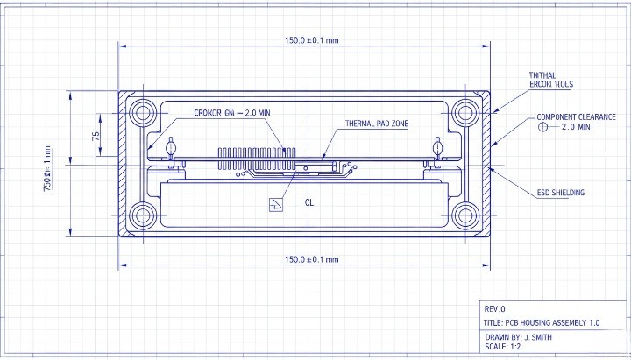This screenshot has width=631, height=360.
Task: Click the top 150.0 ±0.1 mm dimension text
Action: tap(311, 40)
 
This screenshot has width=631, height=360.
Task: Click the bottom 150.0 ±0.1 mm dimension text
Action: tap(311, 259)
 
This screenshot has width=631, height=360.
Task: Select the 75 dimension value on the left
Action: tap(96, 136)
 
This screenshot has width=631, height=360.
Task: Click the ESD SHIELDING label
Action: tap(560, 192)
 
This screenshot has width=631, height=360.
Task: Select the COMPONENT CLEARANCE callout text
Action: tap(576, 116)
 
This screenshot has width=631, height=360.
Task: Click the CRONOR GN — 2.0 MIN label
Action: tap(232, 113)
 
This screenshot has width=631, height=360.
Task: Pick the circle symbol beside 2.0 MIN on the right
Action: tap(542, 127)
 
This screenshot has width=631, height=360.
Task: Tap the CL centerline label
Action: tap(308, 202)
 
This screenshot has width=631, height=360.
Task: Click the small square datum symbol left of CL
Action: tap(276, 204)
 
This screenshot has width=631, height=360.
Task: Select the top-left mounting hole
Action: tap(142, 112)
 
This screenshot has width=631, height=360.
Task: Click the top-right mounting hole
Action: tap(464, 111)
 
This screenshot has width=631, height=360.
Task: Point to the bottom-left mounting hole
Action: tap(142, 215)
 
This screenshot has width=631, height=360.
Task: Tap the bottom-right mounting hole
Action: tap(464, 214)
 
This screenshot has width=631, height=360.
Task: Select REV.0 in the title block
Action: tap(495, 309)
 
